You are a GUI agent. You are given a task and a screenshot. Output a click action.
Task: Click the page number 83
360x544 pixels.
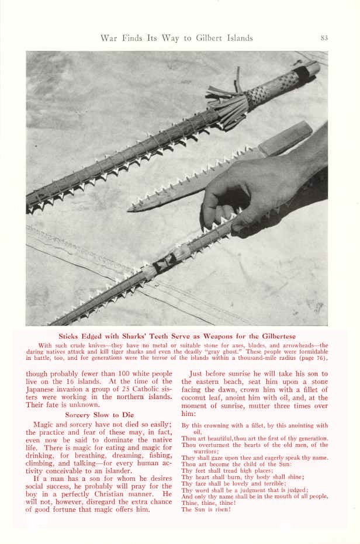point(324,38)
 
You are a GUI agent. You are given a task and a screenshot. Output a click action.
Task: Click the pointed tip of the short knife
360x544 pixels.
point(132,207)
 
